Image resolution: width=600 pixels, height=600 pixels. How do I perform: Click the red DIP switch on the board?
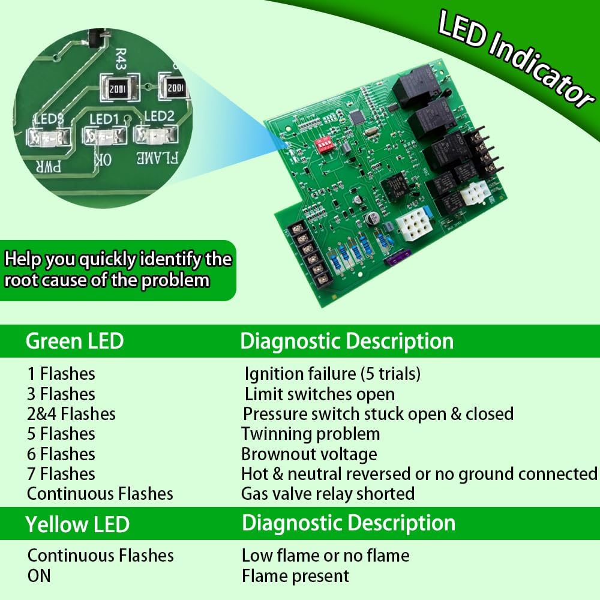tap(325, 144)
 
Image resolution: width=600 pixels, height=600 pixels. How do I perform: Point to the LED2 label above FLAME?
tap(158, 116)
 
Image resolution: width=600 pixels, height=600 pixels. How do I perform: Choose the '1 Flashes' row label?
tap(61, 374)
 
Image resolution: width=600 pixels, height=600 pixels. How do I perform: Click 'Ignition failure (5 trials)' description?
tap(332, 374)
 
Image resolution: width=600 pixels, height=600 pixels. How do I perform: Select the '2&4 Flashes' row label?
tap(71, 414)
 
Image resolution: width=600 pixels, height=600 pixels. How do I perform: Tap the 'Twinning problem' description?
tap(310, 434)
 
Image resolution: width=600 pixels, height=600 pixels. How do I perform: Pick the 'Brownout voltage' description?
tap(309, 454)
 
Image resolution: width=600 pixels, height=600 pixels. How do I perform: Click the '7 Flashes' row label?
tap(61, 474)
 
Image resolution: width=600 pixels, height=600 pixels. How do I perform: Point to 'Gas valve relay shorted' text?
tap(328, 494)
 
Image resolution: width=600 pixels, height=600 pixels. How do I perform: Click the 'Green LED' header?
tap(74, 341)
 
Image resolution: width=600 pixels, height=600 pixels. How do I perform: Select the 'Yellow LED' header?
tap(77, 524)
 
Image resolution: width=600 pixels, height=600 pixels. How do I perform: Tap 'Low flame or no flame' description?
tap(325, 556)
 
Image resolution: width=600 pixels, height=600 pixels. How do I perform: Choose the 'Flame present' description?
tap(295, 577)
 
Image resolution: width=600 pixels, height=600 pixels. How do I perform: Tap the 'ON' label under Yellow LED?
tap(39, 576)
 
